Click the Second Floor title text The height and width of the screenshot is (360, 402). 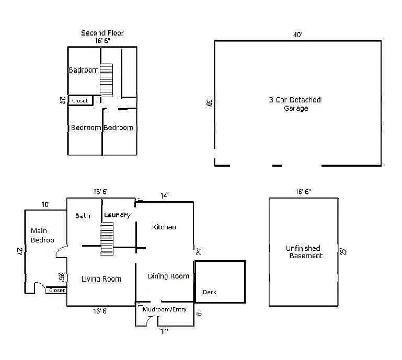(x=102, y=33)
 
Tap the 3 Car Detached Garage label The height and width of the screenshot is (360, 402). (x=295, y=104)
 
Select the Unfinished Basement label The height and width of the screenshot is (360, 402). (x=303, y=252)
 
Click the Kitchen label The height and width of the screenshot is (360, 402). (x=164, y=227)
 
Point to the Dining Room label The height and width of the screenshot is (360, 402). (x=168, y=276)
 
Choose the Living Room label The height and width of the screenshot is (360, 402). (x=101, y=279)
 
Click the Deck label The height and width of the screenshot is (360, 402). (x=209, y=292)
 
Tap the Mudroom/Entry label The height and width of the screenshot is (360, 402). (x=165, y=309)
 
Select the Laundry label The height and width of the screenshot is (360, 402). (x=117, y=215)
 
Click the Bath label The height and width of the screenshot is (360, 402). (x=83, y=215)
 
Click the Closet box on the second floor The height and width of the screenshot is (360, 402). (x=80, y=100)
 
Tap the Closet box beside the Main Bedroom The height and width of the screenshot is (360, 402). (x=56, y=290)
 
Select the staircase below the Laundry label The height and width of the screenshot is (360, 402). (x=107, y=238)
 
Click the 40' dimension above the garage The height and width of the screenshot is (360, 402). (x=297, y=35)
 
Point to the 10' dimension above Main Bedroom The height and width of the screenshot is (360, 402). (x=46, y=204)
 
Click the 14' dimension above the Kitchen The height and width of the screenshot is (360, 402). (x=164, y=196)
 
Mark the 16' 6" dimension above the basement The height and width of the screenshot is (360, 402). (x=303, y=192)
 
